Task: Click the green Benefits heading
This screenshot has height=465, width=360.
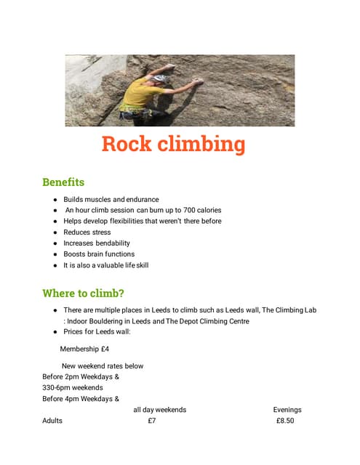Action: click(63, 182)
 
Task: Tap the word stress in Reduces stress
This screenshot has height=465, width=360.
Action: click(101, 232)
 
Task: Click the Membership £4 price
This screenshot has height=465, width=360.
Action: click(84, 349)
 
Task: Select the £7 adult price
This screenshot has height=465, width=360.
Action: click(151, 421)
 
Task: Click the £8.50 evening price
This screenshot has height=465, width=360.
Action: click(285, 421)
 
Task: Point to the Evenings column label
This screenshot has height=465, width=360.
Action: click(287, 410)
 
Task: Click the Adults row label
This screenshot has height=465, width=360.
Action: click(52, 421)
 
